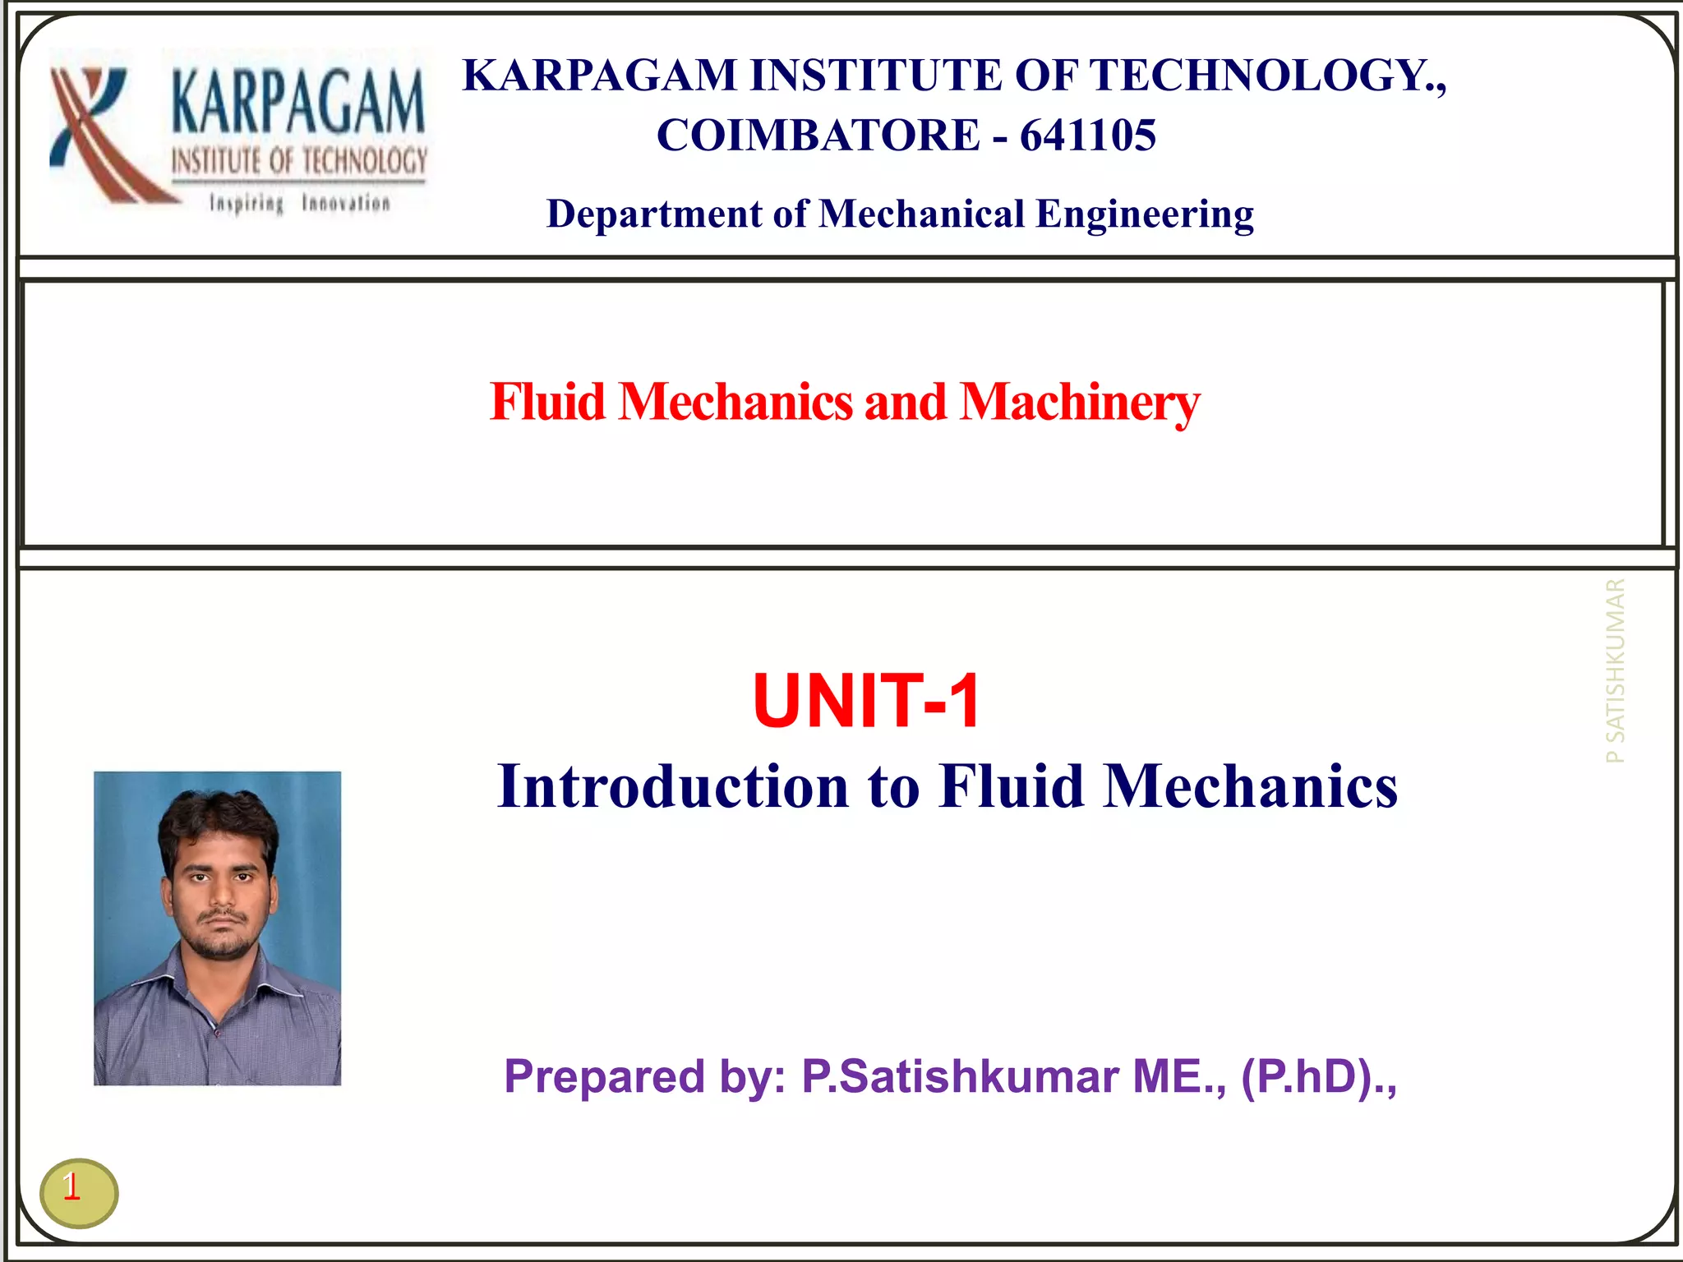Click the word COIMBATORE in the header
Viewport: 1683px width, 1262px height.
817,136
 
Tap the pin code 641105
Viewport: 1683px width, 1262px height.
1087,136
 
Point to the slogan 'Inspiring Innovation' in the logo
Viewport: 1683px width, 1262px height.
299,203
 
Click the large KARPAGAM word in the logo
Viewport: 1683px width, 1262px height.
298,103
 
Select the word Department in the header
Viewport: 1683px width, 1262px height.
654,214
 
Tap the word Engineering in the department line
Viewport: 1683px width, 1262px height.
1144,214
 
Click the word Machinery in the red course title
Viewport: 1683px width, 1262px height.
1079,403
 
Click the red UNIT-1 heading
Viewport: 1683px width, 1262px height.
866,701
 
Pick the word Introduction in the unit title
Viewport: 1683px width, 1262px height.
673,787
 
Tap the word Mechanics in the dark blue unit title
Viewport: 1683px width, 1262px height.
1249,787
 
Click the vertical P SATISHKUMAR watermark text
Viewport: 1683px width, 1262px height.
1615,670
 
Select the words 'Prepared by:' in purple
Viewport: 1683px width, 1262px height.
645,1076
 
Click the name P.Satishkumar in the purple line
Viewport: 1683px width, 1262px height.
960,1076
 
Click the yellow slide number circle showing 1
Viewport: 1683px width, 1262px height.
79,1192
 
